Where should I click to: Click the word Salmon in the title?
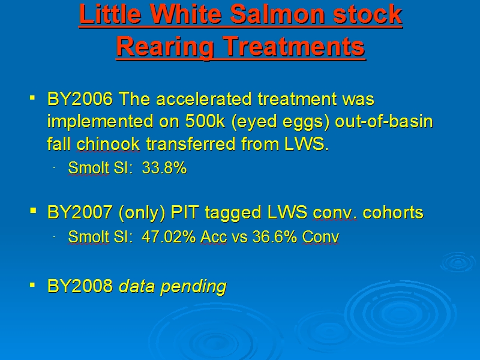click(277, 14)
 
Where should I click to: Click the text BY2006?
click(80, 99)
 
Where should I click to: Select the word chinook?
click(108, 144)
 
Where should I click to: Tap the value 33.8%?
click(164, 168)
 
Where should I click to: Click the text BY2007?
click(80, 212)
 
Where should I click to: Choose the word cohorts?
click(393, 212)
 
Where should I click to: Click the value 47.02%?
click(169, 236)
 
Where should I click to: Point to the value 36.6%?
click(275, 236)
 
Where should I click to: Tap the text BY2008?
click(80, 286)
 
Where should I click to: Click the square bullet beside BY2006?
click(32, 98)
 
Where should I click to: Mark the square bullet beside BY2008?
click(32, 285)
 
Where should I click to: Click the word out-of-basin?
click(384, 121)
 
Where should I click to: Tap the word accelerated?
click(203, 99)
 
